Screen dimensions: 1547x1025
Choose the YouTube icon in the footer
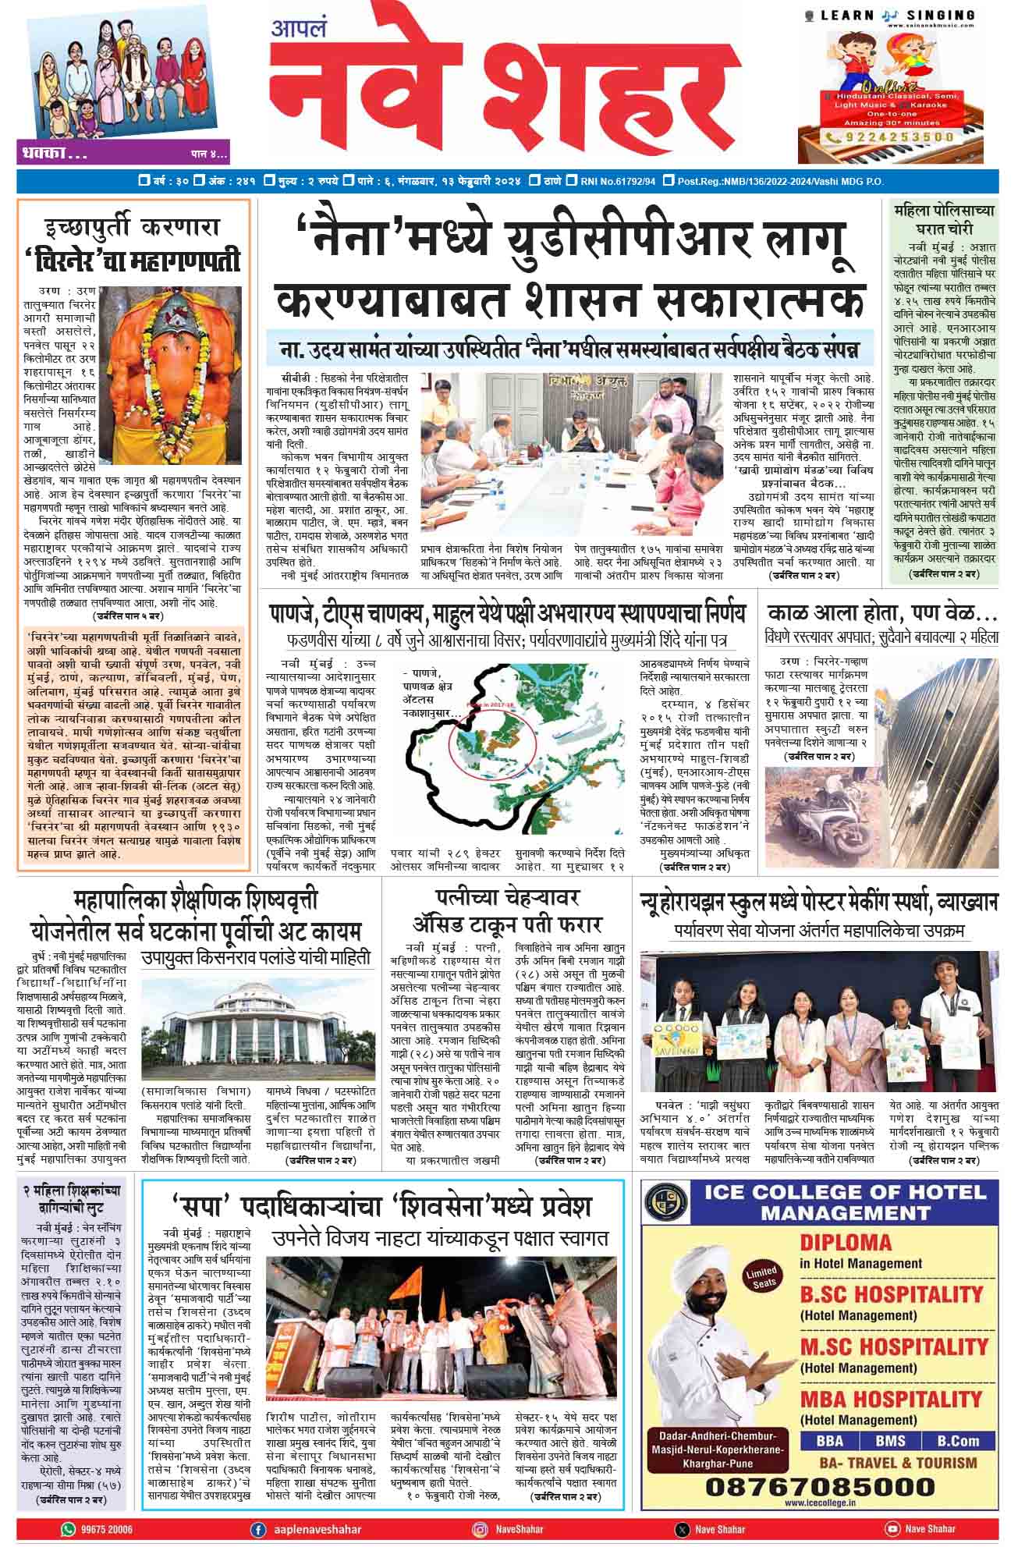coord(892,1529)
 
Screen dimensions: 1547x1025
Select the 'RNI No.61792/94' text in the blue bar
coord(617,182)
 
